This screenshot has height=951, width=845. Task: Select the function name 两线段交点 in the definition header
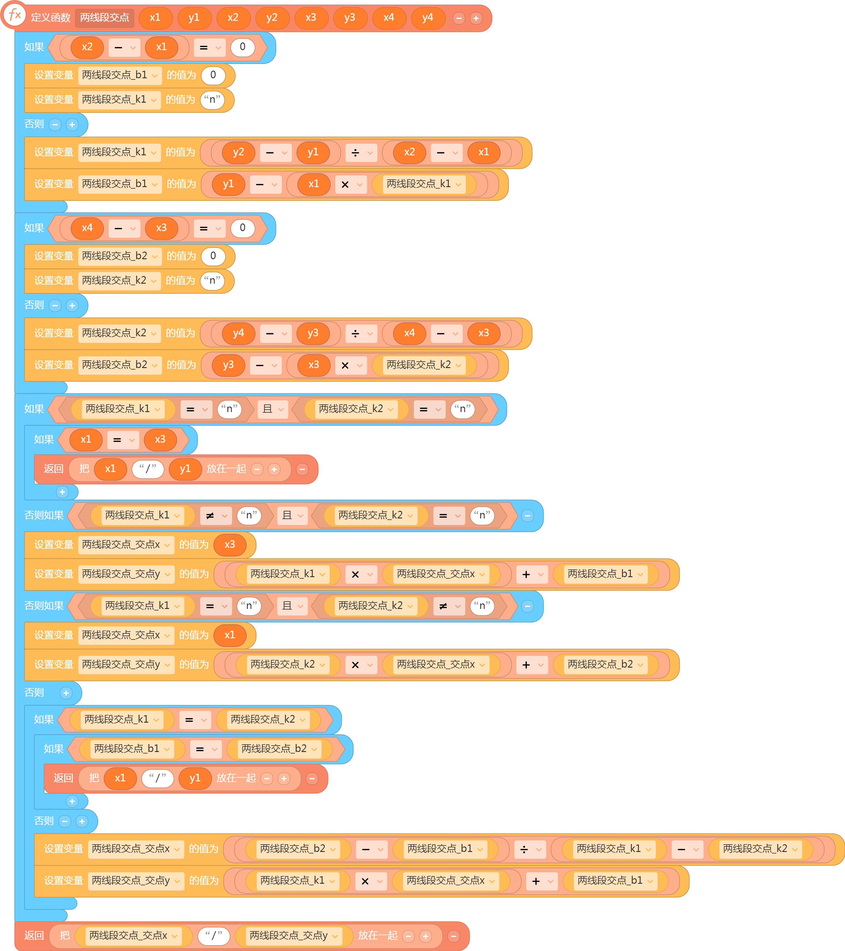(104, 18)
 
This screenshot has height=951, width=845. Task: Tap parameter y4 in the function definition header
(427, 18)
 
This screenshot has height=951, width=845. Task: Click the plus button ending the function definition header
(476, 18)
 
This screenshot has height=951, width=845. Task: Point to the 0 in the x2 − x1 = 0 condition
(243, 46)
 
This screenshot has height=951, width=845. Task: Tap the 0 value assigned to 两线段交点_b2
(213, 256)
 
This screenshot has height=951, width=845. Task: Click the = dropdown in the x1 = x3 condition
(123, 440)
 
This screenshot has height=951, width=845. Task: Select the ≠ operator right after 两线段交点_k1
(216, 515)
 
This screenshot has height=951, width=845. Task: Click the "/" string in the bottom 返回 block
(214, 936)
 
